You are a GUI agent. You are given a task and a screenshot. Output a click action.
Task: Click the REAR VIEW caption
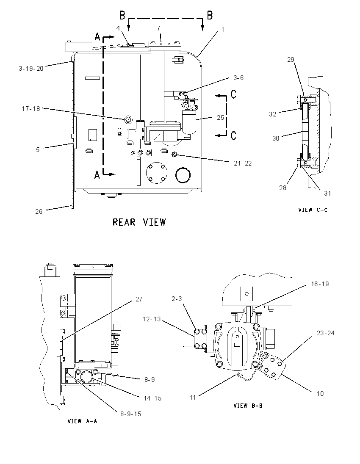[139, 222]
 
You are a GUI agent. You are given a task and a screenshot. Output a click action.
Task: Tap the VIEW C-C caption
[313, 210]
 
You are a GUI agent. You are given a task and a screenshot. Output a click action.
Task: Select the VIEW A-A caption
[82, 421]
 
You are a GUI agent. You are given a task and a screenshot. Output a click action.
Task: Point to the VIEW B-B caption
[248, 406]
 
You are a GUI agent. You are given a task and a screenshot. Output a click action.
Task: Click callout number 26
[39, 212]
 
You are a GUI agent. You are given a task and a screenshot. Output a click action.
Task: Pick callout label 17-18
[31, 109]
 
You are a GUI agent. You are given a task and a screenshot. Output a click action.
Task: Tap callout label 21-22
[243, 163]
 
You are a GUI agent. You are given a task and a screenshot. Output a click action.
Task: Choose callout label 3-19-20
[31, 69]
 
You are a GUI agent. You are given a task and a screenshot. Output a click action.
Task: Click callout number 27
[139, 299]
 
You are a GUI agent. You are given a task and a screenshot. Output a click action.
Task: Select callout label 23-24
[326, 333]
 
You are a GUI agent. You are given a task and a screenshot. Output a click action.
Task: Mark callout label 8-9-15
[130, 414]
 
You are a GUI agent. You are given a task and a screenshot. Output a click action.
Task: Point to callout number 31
[327, 193]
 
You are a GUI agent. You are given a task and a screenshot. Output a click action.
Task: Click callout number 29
[291, 59]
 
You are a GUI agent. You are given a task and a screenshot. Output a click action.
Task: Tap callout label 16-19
[320, 284]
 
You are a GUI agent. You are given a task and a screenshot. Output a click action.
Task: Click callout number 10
[320, 394]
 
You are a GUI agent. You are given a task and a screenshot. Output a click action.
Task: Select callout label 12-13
[152, 319]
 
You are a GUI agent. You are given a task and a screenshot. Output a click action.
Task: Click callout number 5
[38, 150]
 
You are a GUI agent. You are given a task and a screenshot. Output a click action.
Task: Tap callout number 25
[221, 118]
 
